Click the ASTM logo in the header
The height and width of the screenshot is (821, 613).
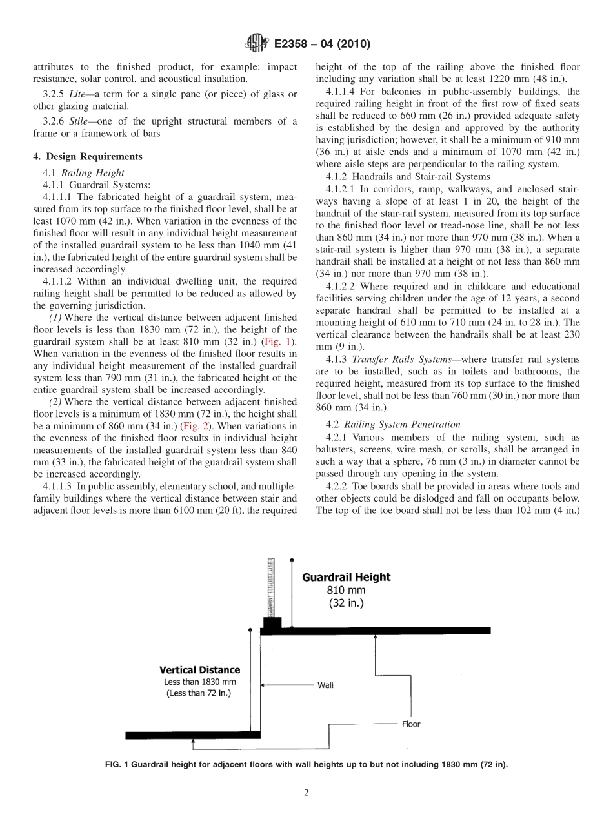coord(256,45)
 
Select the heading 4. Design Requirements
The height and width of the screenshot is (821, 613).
coord(87,156)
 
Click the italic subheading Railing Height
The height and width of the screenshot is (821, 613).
coord(95,172)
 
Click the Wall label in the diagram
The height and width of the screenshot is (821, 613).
coord(325,685)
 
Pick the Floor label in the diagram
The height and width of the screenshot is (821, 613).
coord(410,724)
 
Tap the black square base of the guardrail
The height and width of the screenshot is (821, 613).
coord(271,625)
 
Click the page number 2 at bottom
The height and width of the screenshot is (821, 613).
coord(306,793)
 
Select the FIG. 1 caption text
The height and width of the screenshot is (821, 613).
coord(306,765)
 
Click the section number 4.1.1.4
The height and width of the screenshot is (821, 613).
coord(347,92)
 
